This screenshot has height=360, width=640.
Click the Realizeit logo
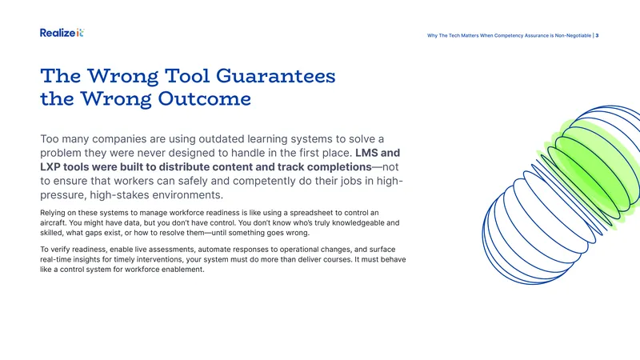coord(62,33)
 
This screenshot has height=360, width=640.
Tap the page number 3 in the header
coord(597,35)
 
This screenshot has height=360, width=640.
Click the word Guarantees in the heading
coord(275,76)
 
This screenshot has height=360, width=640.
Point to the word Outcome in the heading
coord(205,98)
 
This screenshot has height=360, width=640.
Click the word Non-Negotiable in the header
coord(573,35)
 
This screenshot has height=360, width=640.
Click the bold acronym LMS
coord(366,153)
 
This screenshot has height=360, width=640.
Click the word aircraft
coord(53,223)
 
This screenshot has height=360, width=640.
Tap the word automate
coord(214,250)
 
